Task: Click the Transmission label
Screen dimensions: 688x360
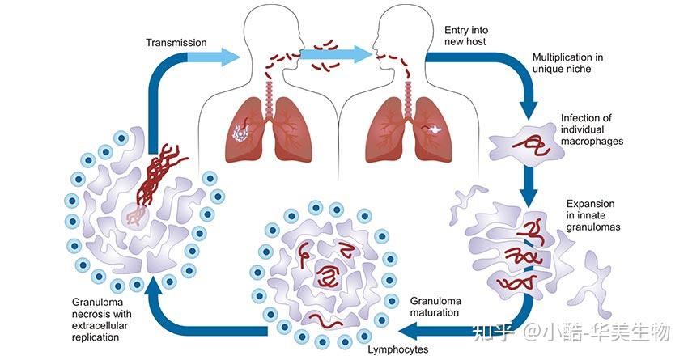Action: tap(176, 43)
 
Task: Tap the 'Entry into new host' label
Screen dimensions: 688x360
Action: tap(466, 36)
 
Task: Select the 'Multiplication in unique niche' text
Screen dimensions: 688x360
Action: tap(567, 63)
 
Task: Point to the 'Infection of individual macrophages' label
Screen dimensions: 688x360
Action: tap(592, 129)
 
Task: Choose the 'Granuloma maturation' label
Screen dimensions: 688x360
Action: tap(435, 307)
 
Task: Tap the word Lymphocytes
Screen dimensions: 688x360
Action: tap(398, 349)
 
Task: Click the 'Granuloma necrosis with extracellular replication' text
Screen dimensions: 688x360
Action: tap(101, 320)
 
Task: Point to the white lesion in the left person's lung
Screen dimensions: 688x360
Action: tap(240, 133)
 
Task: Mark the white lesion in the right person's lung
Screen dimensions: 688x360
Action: tap(435, 129)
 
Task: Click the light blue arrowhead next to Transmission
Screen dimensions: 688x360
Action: tap(228, 57)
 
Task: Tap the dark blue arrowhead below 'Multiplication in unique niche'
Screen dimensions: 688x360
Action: tap(529, 111)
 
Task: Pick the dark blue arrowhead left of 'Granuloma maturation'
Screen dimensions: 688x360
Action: tap(410, 330)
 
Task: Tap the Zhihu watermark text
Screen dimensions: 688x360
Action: tap(571, 332)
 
